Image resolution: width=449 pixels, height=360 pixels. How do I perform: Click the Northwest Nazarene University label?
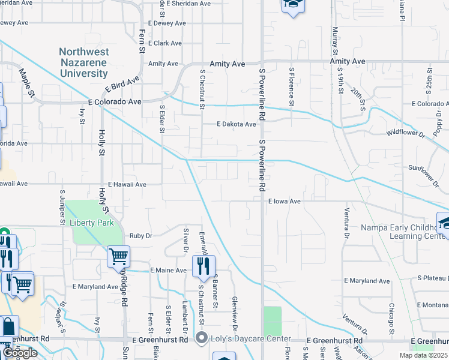(83, 62)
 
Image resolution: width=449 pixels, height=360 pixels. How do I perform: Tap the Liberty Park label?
(92, 222)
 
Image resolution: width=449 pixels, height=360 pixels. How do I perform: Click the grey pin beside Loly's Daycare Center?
(202, 338)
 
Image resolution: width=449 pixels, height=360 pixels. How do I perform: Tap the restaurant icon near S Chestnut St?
(204, 265)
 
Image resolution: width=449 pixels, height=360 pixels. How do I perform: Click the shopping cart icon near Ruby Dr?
(118, 257)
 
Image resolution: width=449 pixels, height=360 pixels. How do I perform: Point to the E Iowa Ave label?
(284, 202)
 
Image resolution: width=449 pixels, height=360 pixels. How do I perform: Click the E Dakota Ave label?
(237, 125)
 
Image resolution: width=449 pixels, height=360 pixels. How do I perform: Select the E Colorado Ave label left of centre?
(114, 102)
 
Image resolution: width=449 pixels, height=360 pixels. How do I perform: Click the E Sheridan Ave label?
(189, 4)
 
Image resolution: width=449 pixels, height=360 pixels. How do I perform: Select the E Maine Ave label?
(169, 271)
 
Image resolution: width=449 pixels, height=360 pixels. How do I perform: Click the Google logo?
(20, 353)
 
